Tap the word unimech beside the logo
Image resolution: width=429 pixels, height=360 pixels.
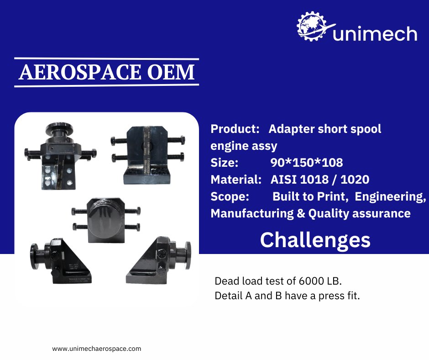pyautogui.click(x=375, y=34)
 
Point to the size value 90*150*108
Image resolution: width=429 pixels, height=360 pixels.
pyautogui.click(x=306, y=162)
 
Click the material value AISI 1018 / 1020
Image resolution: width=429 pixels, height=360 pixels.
pyautogui.click(x=319, y=179)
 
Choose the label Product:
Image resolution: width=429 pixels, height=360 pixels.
pyautogui.click(x=235, y=129)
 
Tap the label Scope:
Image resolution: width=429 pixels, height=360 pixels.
pyautogui.click(x=230, y=196)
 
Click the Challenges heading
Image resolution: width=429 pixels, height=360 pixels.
pyautogui.click(x=315, y=240)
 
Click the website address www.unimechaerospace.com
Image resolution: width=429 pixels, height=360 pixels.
pyautogui.click(x=97, y=349)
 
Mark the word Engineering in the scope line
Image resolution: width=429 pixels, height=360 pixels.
pyautogui.click(x=390, y=196)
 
